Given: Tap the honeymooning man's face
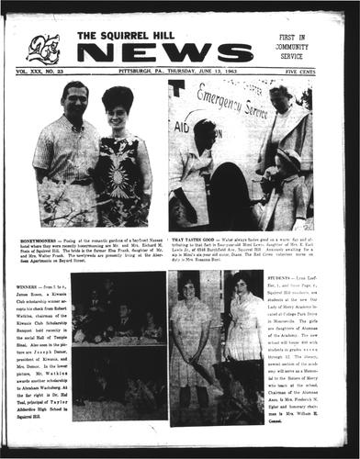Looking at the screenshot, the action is (x=73, y=97).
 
